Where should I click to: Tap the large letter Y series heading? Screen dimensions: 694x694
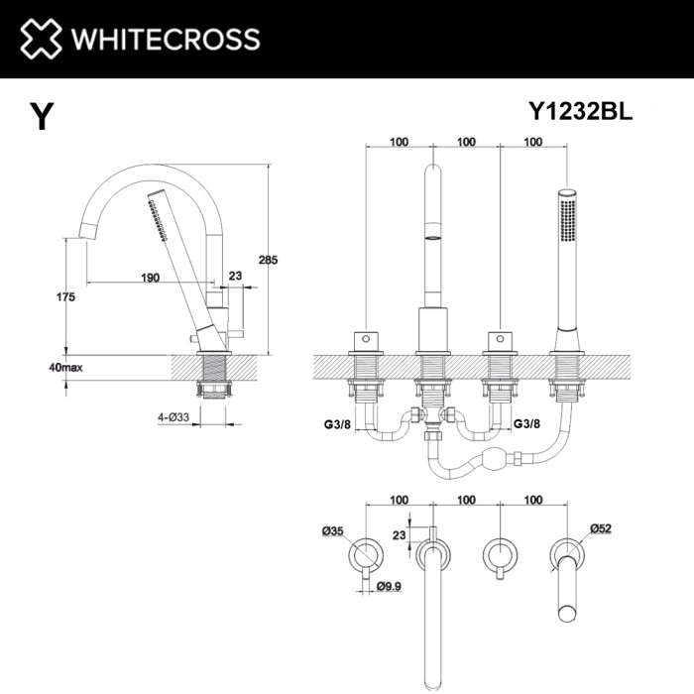(x=41, y=117)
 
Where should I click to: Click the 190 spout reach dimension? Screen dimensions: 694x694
(x=150, y=278)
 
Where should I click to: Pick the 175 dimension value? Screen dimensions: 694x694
(x=66, y=297)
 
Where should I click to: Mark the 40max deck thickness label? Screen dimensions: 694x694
(x=66, y=367)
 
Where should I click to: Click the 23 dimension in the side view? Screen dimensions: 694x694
(x=234, y=278)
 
